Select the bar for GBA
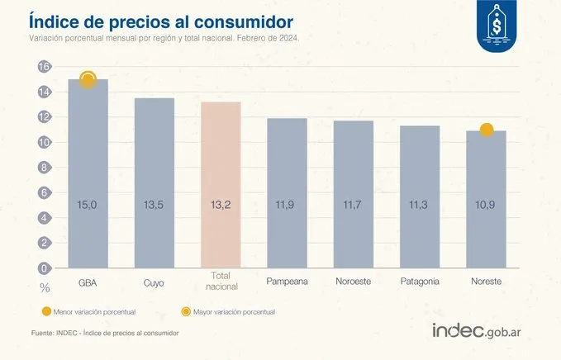(x=88, y=173)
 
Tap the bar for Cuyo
(x=155, y=182)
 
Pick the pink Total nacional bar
(x=221, y=185)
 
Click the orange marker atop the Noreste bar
(x=487, y=130)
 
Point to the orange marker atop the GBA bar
(x=88, y=79)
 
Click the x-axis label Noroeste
(x=354, y=282)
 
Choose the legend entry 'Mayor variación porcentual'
(x=231, y=312)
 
